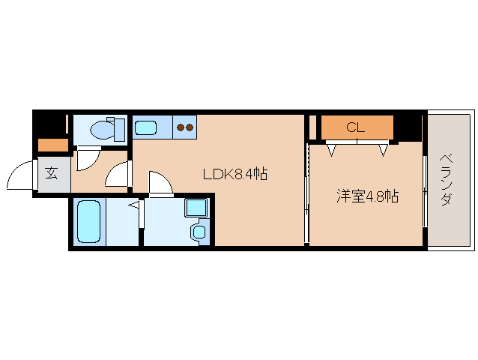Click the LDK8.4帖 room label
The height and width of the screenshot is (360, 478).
pos(235,175)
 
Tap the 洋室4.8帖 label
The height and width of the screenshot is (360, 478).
pos(366,197)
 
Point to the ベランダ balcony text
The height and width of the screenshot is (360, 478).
pos(447,180)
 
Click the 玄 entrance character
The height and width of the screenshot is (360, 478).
pos(51,173)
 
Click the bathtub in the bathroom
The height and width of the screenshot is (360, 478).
pos(89,220)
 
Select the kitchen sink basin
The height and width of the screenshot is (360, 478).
pos(147,127)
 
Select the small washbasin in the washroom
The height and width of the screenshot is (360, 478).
pos(198,231)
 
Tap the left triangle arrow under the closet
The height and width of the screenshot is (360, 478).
pos(330,150)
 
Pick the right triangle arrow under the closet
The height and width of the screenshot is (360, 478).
pos(383,150)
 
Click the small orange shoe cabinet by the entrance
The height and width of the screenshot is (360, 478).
pos(52,145)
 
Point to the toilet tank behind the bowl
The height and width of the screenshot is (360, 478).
pos(117,128)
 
